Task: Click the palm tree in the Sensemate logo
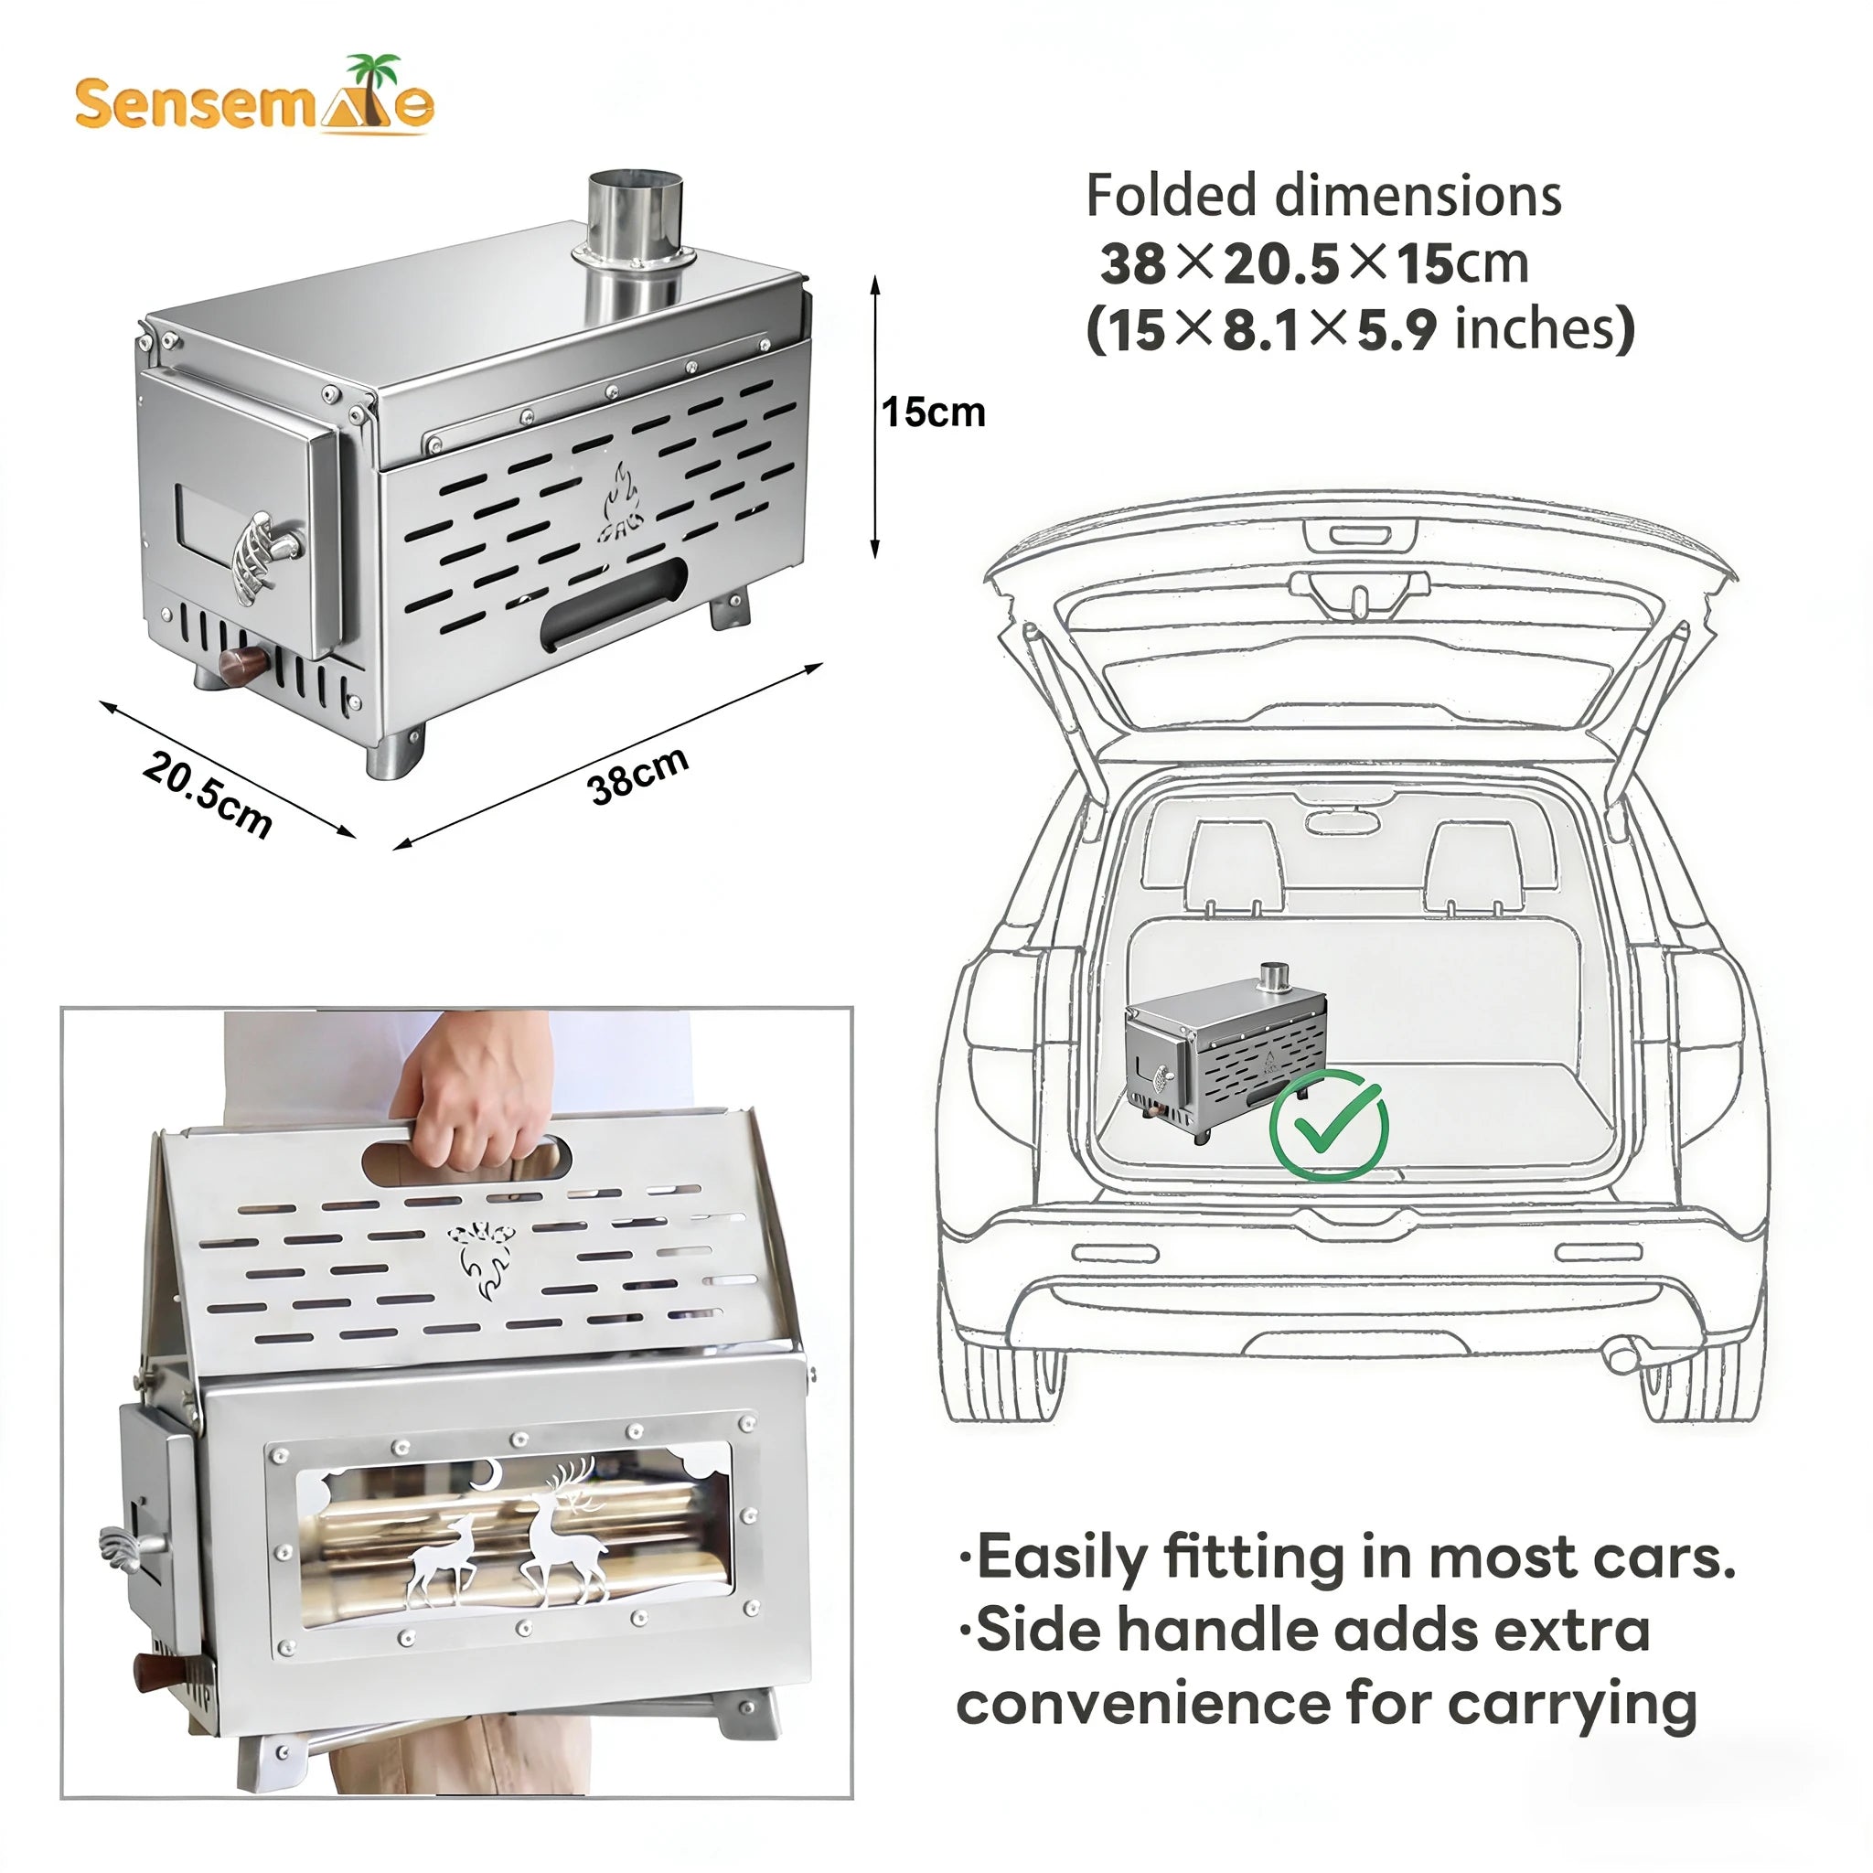point(373,81)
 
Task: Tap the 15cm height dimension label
point(933,413)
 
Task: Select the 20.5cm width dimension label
point(207,793)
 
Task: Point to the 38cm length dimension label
point(638,775)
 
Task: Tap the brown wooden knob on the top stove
point(241,666)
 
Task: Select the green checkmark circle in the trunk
point(1328,1125)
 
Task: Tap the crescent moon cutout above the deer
point(485,1475)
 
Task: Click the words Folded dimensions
point(1322,196)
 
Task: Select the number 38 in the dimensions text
point(1132,262)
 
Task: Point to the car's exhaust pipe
point(1620,1354)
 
